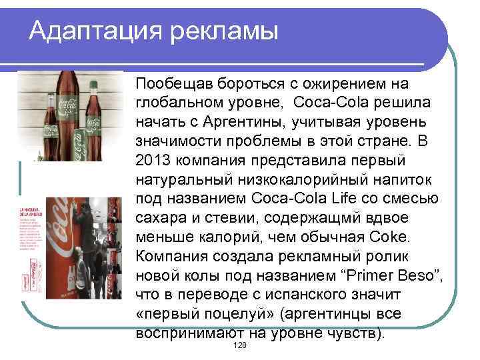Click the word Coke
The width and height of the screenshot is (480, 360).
click(x=393, y=237)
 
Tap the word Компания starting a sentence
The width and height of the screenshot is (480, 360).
click(x=167, y=257)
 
